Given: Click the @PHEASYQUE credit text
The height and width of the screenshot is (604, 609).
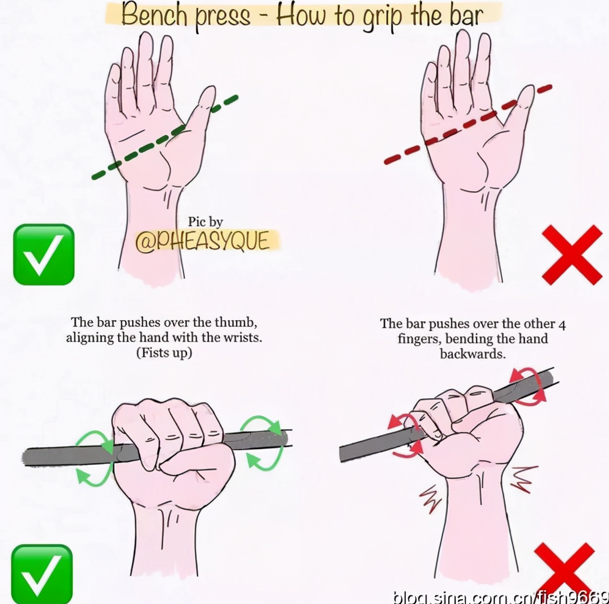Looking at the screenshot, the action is (203, 242).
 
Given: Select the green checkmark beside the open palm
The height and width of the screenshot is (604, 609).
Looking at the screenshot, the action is (44, 255).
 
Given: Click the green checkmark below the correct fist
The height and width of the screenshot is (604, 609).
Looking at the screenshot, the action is (42, 574).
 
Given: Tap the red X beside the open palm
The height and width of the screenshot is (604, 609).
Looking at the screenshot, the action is (572, 255).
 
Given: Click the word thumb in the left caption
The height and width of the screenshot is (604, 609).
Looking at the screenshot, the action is (235, 323).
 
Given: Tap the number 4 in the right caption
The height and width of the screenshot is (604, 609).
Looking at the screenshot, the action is (562, 324).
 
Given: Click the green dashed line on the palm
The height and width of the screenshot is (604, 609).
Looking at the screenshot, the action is (165, 137).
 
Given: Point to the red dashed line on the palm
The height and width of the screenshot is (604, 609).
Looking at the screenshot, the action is (468, 124).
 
